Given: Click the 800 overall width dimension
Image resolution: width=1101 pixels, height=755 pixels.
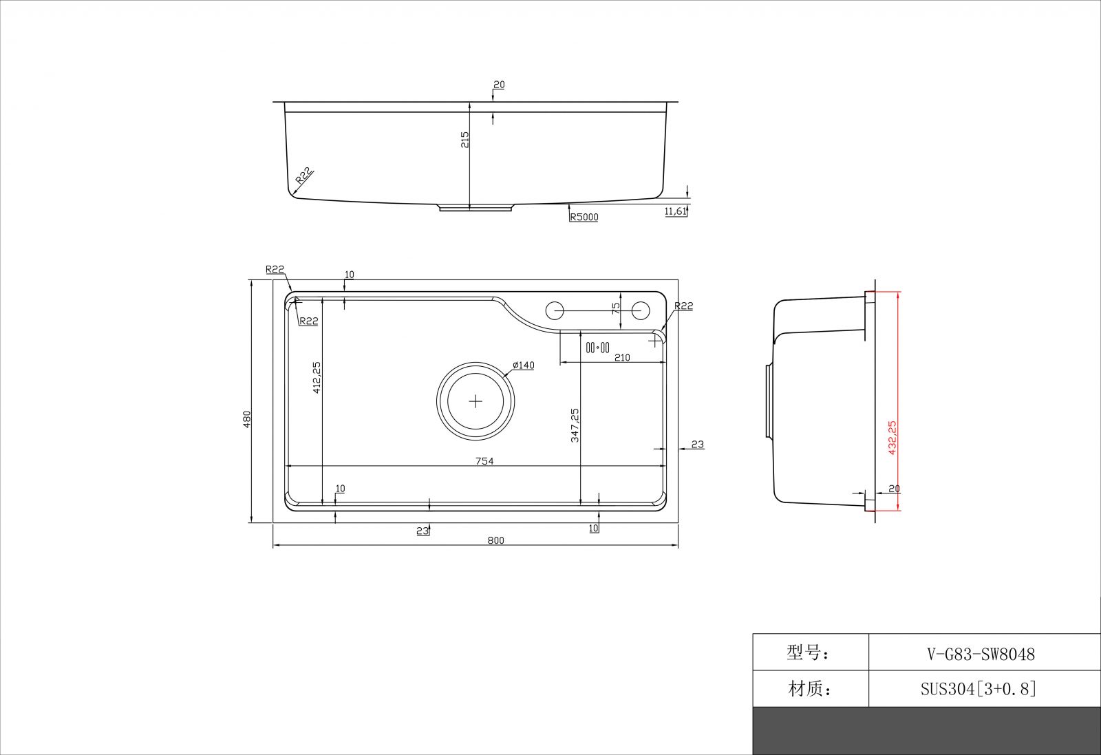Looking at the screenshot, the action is [x=495, y=540].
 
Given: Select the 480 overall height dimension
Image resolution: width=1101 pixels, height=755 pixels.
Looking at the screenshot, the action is [x=247, y=419].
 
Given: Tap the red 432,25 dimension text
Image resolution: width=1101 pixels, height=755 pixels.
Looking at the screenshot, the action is [x=892, y=438].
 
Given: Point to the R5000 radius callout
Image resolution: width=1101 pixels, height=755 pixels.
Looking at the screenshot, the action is [x=584, y=217].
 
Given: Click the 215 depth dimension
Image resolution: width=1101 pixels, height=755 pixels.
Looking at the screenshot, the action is [x=464, y=140].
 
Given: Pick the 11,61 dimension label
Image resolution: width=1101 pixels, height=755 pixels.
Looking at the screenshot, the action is [x=675, y=211].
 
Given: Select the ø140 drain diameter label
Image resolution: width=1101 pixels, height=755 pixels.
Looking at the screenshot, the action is [x=523, y=365].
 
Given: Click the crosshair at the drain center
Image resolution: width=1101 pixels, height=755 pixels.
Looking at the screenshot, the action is [x=475, y=401].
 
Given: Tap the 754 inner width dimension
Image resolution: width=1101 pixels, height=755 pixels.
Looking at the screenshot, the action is [x=484, y=461].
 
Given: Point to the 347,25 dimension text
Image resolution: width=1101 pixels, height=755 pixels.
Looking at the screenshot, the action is [x=575, y=425].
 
